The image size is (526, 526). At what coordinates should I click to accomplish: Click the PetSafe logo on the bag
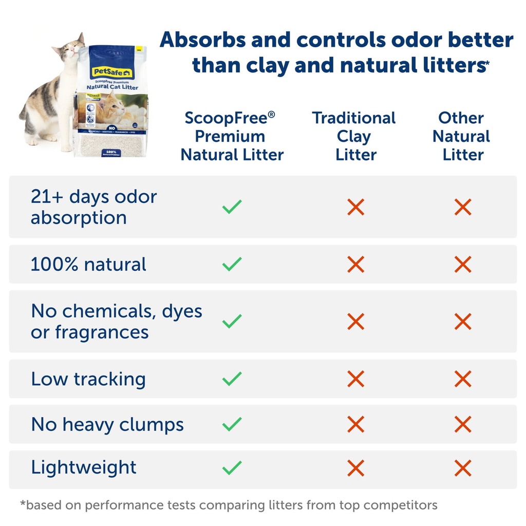point(112,73)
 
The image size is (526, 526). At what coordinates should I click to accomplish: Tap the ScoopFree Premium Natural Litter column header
point(232,136)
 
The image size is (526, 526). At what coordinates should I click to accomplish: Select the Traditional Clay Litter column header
point(354,136)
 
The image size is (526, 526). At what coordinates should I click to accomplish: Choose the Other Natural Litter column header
point(462,136)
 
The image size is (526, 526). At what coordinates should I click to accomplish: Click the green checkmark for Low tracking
point(232,379)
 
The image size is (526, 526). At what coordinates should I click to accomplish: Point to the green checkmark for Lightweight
point(232,467)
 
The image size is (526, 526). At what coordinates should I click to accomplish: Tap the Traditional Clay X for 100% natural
point(355,265)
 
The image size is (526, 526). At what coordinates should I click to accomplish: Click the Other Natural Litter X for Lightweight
point(463,467)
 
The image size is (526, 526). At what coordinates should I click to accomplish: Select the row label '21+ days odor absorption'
point(93,207)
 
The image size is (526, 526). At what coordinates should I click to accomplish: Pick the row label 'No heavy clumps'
point(107,425)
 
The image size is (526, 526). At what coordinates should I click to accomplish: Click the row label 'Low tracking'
point(88,379)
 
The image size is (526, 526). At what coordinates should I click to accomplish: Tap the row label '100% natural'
point(88,265)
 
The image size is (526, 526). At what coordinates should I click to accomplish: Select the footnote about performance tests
point(229,505)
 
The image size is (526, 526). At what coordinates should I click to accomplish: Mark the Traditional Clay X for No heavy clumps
point(355,425)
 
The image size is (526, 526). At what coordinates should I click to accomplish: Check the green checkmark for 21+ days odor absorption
point(232,208)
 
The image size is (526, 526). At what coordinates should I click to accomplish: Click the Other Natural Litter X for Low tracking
point(463,379)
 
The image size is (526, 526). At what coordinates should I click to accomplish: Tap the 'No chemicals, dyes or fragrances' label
point(116,322)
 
